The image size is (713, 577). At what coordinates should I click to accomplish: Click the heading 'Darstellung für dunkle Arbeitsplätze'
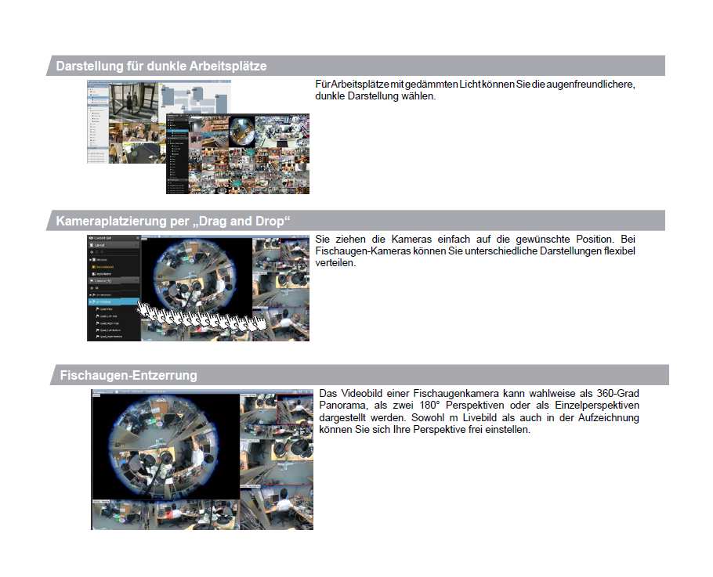tap(161, 66)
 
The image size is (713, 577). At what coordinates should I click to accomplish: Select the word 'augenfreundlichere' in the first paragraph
tap(588, 85)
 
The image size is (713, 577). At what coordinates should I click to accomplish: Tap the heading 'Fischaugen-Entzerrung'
tap(128, 375)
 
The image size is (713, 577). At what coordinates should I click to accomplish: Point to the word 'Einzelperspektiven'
tap(595, 406)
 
